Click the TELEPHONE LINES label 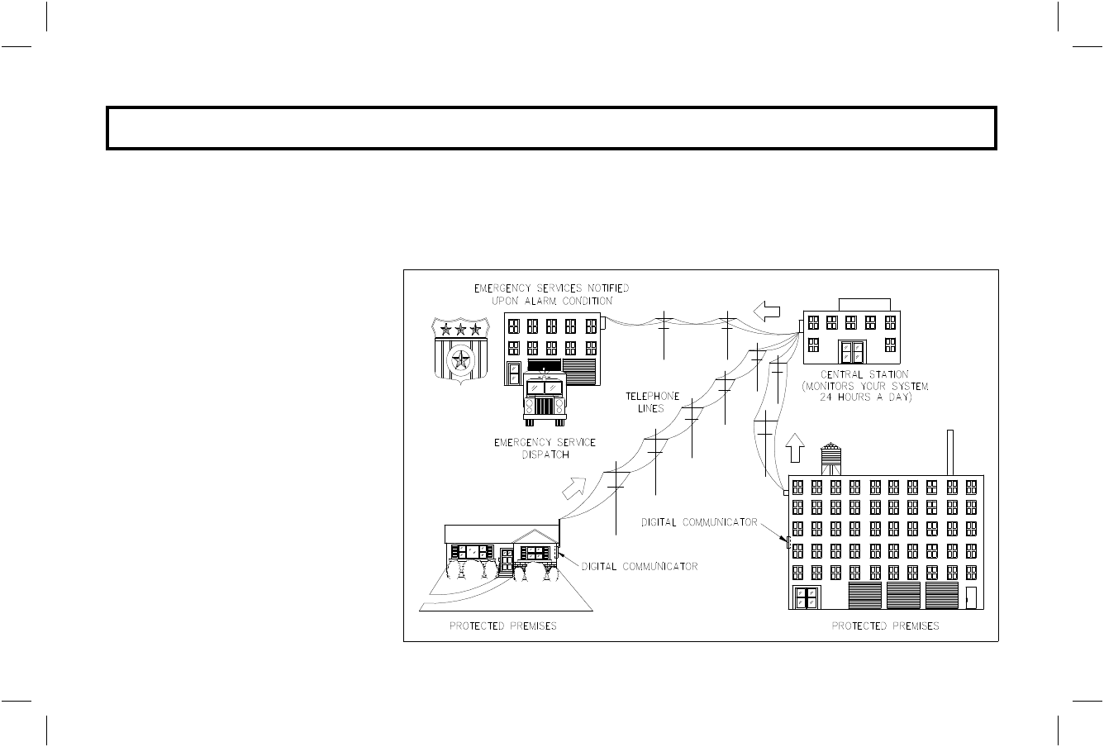653,402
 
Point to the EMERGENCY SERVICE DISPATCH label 545,449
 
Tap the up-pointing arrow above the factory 796,447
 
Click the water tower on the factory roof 830,459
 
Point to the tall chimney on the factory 951,452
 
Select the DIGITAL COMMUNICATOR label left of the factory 700,521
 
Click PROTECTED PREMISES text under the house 502,626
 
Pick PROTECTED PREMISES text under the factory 885,626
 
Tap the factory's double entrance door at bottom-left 807,597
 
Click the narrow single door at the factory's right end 972,597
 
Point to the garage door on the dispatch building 578,371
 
